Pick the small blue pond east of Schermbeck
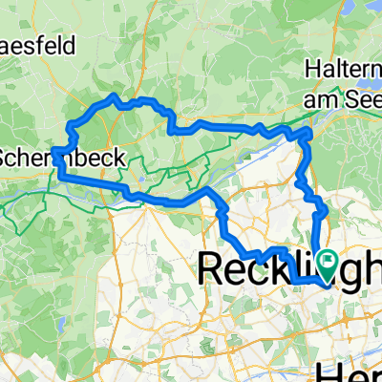point(141,179)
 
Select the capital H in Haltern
point(313,69)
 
